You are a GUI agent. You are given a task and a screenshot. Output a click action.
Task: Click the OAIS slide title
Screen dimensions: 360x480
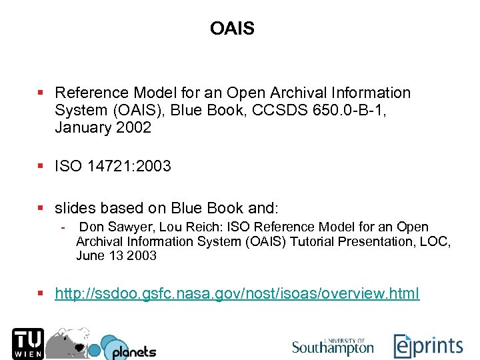coord(232,29)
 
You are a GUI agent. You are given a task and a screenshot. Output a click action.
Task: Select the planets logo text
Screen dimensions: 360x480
coord(133,351)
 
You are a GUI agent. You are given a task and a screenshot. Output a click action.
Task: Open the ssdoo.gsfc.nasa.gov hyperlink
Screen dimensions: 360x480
coord(237,293)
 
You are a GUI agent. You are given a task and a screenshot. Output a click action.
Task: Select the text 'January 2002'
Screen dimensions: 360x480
coord(103,128)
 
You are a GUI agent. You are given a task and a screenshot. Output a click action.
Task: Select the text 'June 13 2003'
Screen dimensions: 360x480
coord(116,255)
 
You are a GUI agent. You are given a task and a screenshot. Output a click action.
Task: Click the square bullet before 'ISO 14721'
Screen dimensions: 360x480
coord(41,166)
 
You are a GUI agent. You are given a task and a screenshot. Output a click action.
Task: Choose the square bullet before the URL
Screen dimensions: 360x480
coord(41,293)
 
